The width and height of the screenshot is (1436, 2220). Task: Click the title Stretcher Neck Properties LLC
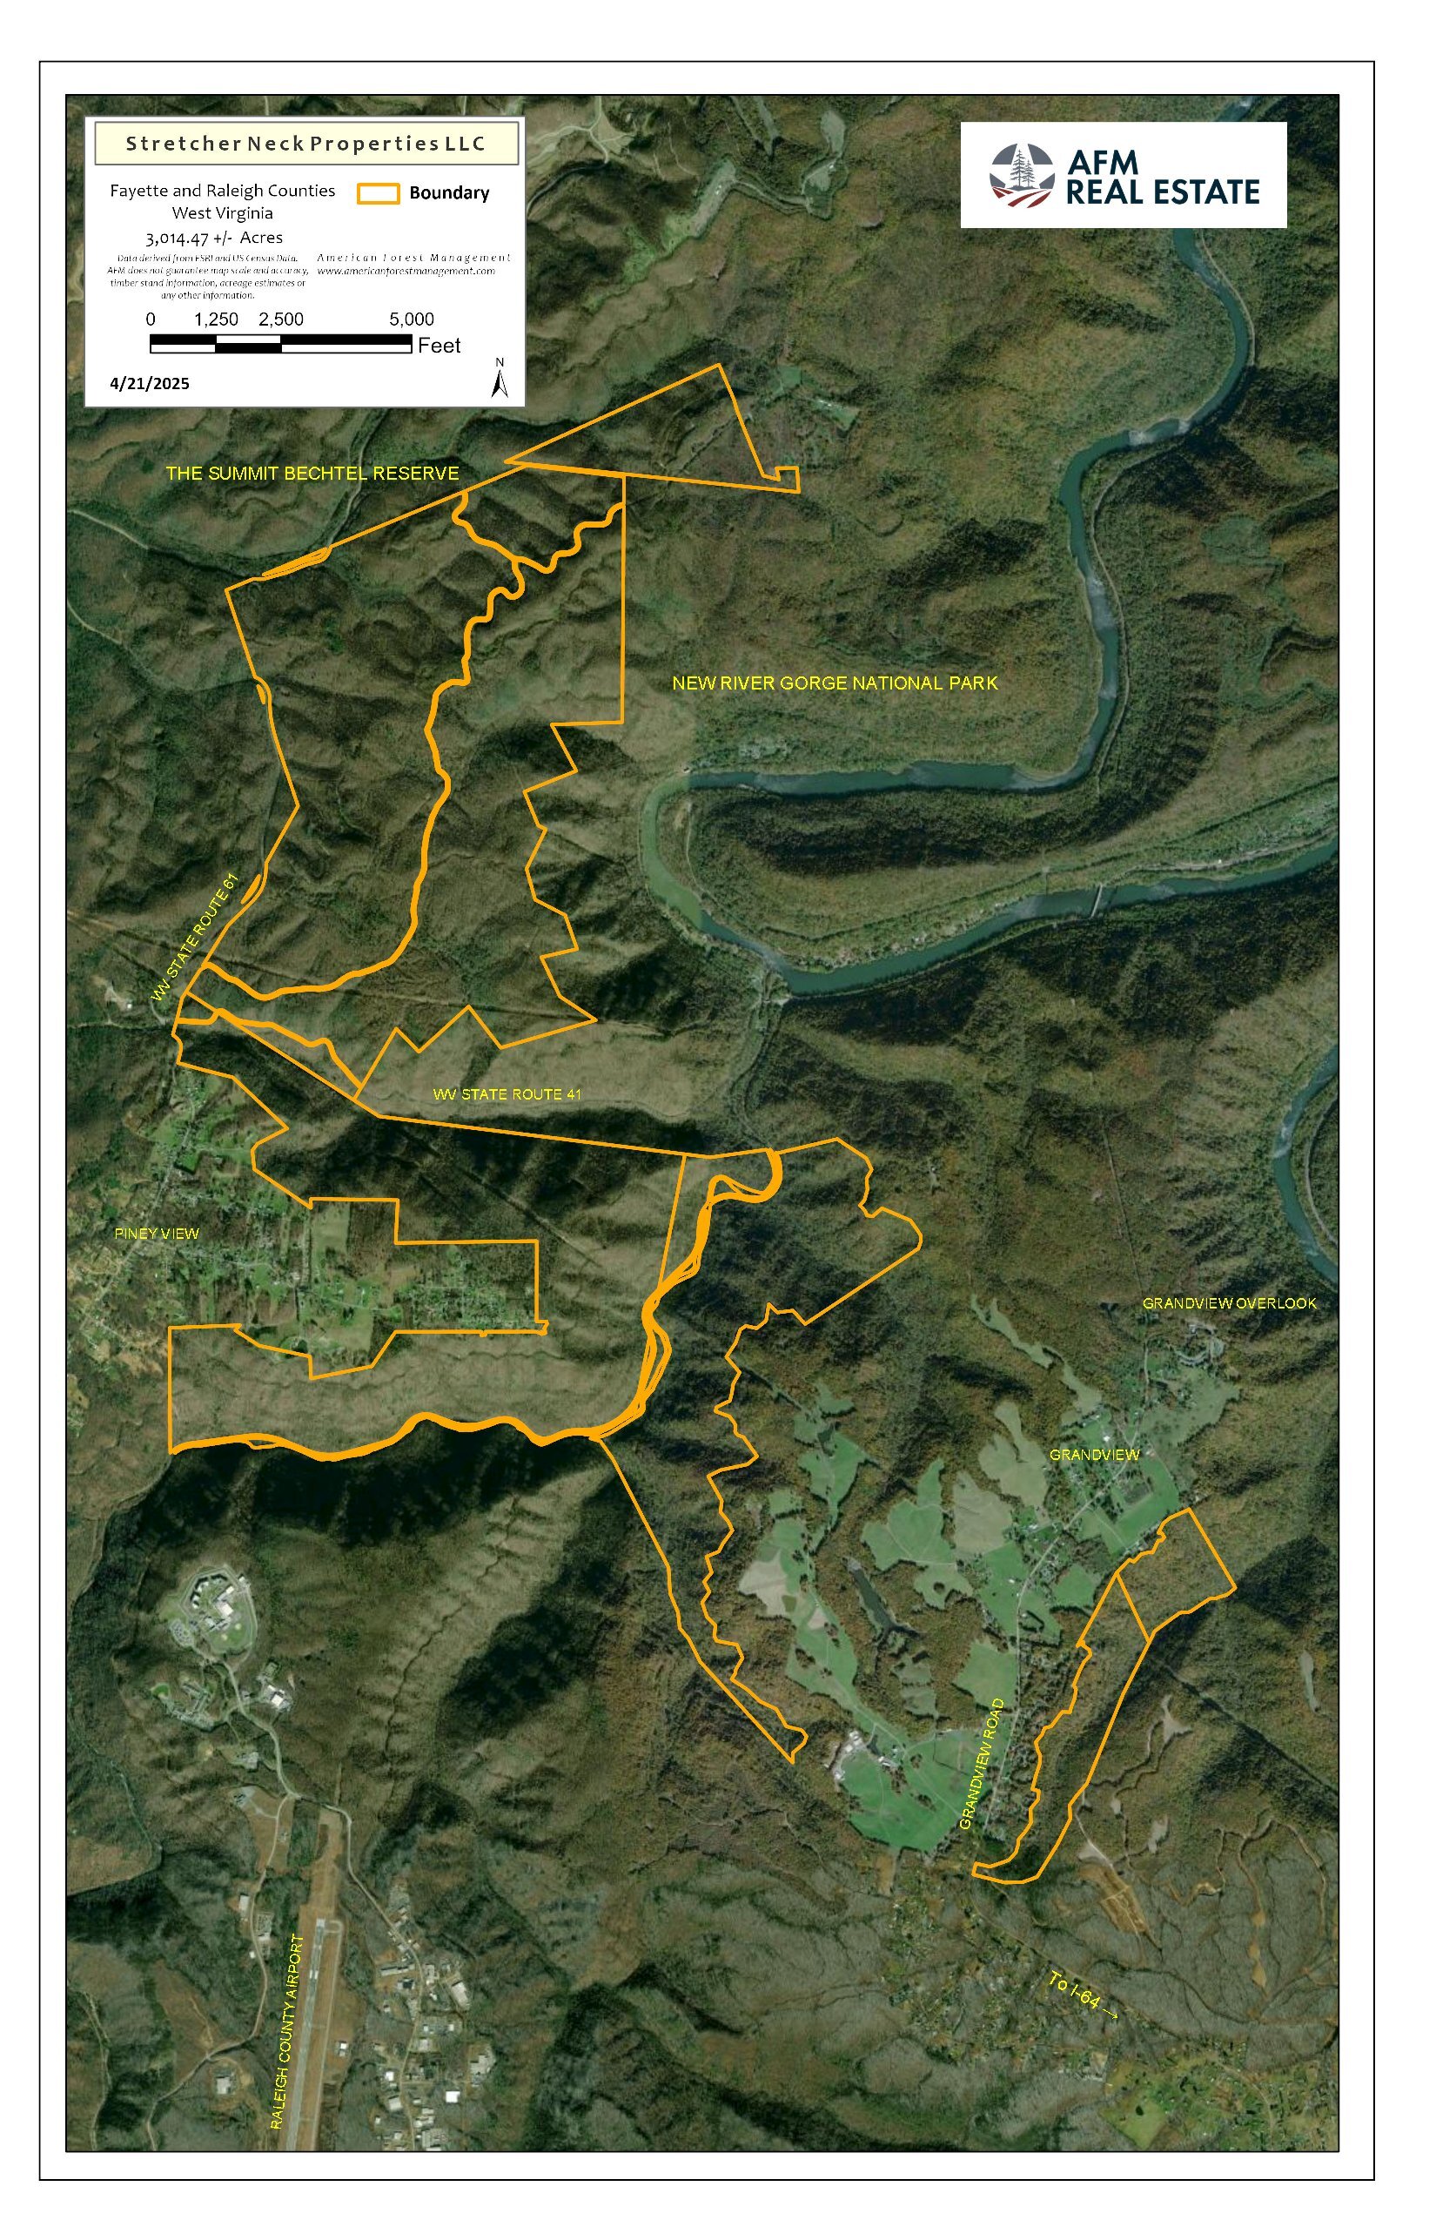tap(305, 144)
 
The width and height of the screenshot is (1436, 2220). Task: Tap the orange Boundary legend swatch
tap(378, 194)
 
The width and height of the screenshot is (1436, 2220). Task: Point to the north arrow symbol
tap(500, 379)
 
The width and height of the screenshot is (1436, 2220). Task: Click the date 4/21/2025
tap(149, 384)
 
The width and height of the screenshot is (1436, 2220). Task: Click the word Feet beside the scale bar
tap(440, 346)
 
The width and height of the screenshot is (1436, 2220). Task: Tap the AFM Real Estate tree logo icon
tap(1022, 175)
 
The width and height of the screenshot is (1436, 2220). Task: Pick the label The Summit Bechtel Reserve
tap(312, 474)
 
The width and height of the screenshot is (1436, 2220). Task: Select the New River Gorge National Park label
tap(835, 683)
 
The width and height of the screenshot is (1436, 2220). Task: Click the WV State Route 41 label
tap(507, 1095)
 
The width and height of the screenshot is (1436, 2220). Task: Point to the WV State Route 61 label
tap(196, 938)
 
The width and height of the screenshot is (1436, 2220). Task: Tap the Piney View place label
tap(157, 1234)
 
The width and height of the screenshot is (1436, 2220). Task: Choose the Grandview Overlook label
tap(1229, 1304)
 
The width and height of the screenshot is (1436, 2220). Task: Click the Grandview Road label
tap(983, 1765)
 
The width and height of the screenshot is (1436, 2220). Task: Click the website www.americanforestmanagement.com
tap(406, 272)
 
